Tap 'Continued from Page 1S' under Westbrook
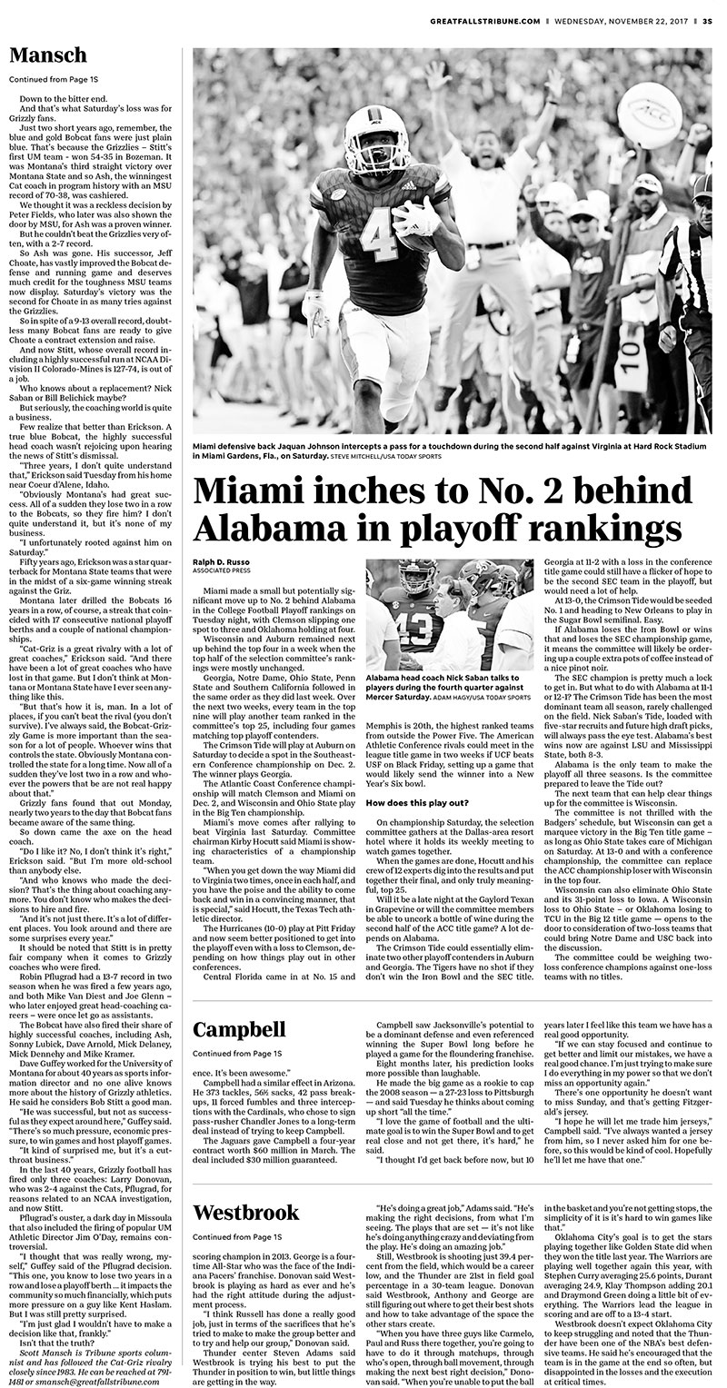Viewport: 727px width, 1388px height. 236,1236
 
